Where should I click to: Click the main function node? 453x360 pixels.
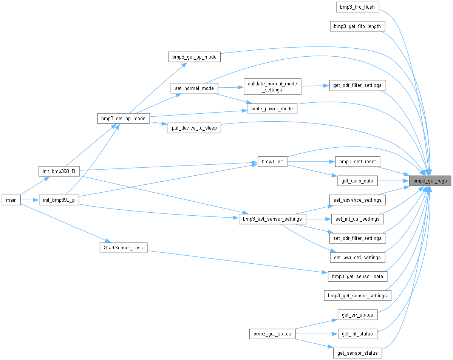11,200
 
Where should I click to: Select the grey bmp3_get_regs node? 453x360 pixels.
430,181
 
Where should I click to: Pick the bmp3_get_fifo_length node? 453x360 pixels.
357,26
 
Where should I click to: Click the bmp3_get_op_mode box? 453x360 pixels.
194,57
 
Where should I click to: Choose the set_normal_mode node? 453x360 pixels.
194,88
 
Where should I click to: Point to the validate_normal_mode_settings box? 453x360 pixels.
272,87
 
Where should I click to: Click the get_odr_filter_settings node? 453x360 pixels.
357,85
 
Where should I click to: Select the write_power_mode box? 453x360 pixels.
272,109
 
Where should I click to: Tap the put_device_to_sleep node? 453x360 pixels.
194,128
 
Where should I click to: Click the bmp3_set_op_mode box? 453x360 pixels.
124,118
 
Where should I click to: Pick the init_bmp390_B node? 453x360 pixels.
59,171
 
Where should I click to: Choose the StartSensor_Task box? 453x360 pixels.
123,247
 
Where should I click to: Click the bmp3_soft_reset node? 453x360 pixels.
357,162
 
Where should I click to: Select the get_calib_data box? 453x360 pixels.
357,181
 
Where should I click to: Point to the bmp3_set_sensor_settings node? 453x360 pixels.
272,219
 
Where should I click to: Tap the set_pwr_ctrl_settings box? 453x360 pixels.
357,258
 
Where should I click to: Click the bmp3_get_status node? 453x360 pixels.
272,334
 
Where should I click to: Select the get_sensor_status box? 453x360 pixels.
357,353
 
